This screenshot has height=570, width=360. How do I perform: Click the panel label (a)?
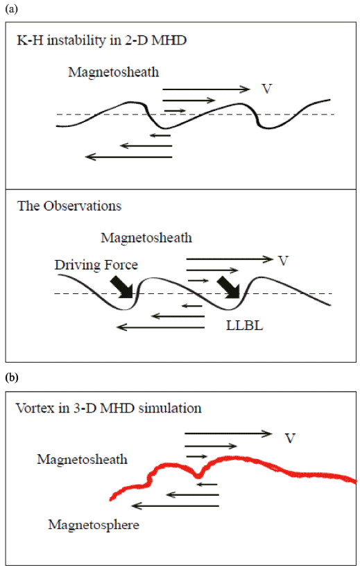click(11, 9)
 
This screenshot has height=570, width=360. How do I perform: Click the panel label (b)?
click(12, 378)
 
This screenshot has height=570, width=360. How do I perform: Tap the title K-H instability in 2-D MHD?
click(102, 40)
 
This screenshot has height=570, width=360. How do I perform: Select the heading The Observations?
click(69, 206)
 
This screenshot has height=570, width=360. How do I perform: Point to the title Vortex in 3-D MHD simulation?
click(108, 408)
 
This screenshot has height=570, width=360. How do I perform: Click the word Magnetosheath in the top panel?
click(114, 72)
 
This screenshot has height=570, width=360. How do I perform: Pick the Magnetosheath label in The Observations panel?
click(146, 238)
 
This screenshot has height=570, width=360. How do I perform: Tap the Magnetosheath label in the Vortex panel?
click(82, 460)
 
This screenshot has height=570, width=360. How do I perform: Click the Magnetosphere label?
click(94, 525)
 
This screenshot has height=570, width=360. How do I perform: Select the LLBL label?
click(244, 325)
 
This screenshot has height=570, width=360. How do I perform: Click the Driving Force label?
click(96, 265)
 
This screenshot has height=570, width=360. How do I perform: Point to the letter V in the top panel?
click(267, 89)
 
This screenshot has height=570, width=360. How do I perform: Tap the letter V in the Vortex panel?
click(290, 438)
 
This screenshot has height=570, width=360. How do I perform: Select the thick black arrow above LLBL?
click(228, 288)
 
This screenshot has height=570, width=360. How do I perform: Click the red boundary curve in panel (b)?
click(233, 458)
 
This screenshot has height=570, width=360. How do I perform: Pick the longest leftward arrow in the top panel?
click(129, 157)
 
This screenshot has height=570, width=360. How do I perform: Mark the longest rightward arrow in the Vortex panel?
click(228, 433)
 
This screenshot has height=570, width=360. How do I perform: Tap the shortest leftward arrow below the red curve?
click(208, 484)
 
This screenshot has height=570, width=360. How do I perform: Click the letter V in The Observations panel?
click(283, 261)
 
